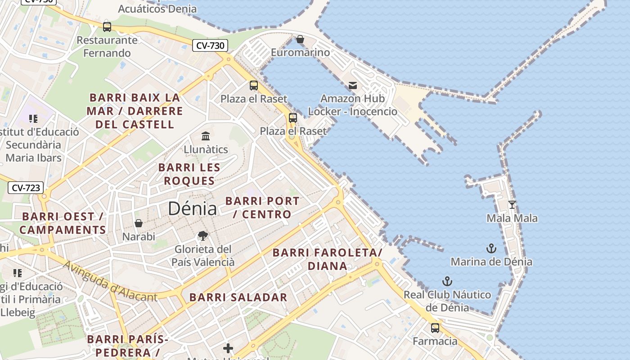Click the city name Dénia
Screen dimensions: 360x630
(192, 208)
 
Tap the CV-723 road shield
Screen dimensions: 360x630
(26, 188)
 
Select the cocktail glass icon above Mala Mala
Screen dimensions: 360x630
(512, 205)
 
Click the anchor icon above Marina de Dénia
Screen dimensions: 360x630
(491, 248)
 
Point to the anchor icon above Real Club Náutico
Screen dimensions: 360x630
(447, 282)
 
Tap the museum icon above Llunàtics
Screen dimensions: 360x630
(206, 136)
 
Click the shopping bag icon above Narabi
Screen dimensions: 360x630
(139, 223)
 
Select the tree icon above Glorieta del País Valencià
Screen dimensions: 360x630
(203, 236)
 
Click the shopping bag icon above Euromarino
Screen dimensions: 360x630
(300, 40)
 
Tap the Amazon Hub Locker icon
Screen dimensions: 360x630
(353, 85)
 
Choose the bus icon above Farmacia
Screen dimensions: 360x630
(435, 328)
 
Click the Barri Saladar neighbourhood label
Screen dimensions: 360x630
(238, 297)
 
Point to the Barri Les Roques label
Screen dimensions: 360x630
(189, 174)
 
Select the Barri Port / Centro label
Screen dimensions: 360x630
(262, 207)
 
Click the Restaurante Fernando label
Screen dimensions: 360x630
(107, 46)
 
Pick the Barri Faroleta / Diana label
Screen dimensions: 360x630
(328, 259)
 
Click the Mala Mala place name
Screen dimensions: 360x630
(512, 218)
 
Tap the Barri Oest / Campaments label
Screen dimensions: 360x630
(63, 223)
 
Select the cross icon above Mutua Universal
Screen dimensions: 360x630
(228, 348)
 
